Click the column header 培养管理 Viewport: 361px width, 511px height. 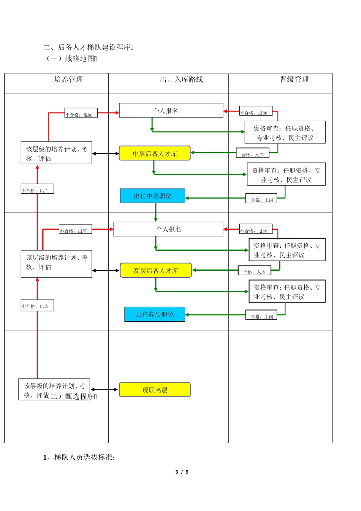point(68,79)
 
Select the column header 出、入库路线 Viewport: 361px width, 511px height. point(181,79)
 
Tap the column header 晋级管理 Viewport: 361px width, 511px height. point(294,79)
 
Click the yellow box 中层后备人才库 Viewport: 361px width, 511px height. point(155,154)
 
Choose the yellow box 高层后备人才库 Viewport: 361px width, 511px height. point(155,271)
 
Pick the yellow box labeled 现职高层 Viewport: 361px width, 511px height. point(155,390)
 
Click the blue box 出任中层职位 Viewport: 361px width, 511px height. point(152,196)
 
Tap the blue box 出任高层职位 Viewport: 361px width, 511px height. point(155,314)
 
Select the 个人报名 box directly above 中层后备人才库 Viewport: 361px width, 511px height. point(171,111)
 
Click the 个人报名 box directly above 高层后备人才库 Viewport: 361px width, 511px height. point(168,229)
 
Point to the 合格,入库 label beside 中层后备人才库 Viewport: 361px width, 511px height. point(252,154)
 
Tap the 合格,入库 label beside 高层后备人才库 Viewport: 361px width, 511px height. point(254,271)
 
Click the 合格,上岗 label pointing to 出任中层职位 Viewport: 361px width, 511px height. point(261,200)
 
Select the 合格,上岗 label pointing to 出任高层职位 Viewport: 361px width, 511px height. point(261,316)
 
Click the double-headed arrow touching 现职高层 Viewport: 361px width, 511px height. point(104,389)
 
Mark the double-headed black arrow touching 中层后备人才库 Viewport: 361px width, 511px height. point(106,154)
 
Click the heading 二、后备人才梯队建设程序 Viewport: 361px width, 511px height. point(88,48)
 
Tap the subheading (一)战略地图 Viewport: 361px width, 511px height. point(71,59)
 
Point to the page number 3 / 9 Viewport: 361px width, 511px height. point(182,472)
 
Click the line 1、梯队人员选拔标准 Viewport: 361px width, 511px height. point(79,457)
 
